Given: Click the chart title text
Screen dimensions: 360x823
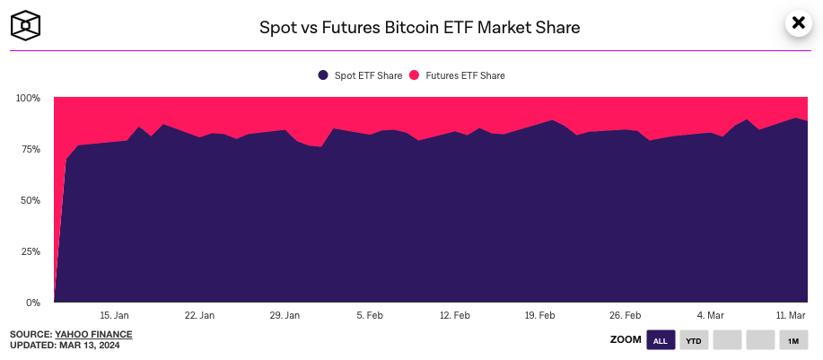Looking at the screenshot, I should [x=420, y=28].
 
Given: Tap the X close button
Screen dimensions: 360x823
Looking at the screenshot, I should [x=798, y=24].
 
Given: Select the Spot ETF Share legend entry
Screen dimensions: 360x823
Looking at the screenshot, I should [x=361, y=75].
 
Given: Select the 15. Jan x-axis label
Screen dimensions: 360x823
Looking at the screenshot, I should [x=115, y=315].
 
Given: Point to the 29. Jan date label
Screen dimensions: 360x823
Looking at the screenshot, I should [x=285, y=315].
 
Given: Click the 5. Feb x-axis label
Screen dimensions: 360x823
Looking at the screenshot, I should [x=370, y=315].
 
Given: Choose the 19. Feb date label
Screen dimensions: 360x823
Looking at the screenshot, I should [x=539, y=315].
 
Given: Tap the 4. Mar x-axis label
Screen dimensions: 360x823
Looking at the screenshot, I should [x=710, y=315].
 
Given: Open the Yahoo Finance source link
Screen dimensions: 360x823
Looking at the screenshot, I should [x=93, y=335].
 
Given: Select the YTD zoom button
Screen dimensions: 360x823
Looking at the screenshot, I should [x=693, y=340].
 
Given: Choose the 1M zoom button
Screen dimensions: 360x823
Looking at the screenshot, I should [x=792, y=340].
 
